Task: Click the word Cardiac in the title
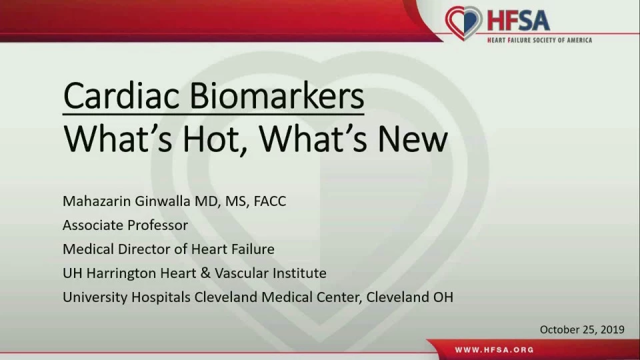[x=121, y=96]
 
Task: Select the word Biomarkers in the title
[x=276, y=96]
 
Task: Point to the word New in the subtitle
[x=413, y=139]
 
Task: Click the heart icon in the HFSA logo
[x=464, y=23]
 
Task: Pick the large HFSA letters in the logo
[x=519, y=21]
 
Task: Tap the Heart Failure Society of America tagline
[x=539, y=40]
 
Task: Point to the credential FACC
[x=270, y=201]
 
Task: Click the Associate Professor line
[x=125, y=225]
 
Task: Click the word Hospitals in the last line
[x=161, y=297]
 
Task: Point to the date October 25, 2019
[x=582, y=329]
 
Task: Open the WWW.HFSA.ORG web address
[x=494, y=350]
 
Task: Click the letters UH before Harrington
[x=72, y=273]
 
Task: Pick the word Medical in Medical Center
[x=285, y=297]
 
